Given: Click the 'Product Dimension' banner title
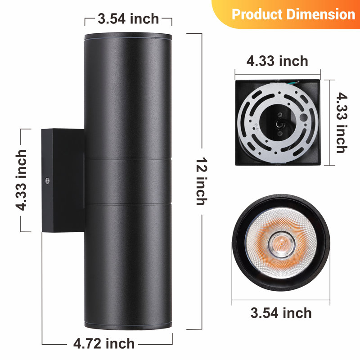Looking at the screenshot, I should (293, 14).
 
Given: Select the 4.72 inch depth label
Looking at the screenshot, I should (104, 344).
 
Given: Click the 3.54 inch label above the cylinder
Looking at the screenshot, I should (128, 18).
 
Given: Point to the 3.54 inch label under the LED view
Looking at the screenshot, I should (281, 313).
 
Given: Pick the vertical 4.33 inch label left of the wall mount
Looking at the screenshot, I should (21, 180).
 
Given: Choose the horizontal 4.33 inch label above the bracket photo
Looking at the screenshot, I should (277, 61).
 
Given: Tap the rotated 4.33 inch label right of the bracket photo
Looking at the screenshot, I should (342, 122).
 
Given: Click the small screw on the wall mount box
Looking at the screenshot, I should (47, 181).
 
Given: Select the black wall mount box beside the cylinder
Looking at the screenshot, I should (63, 180).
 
